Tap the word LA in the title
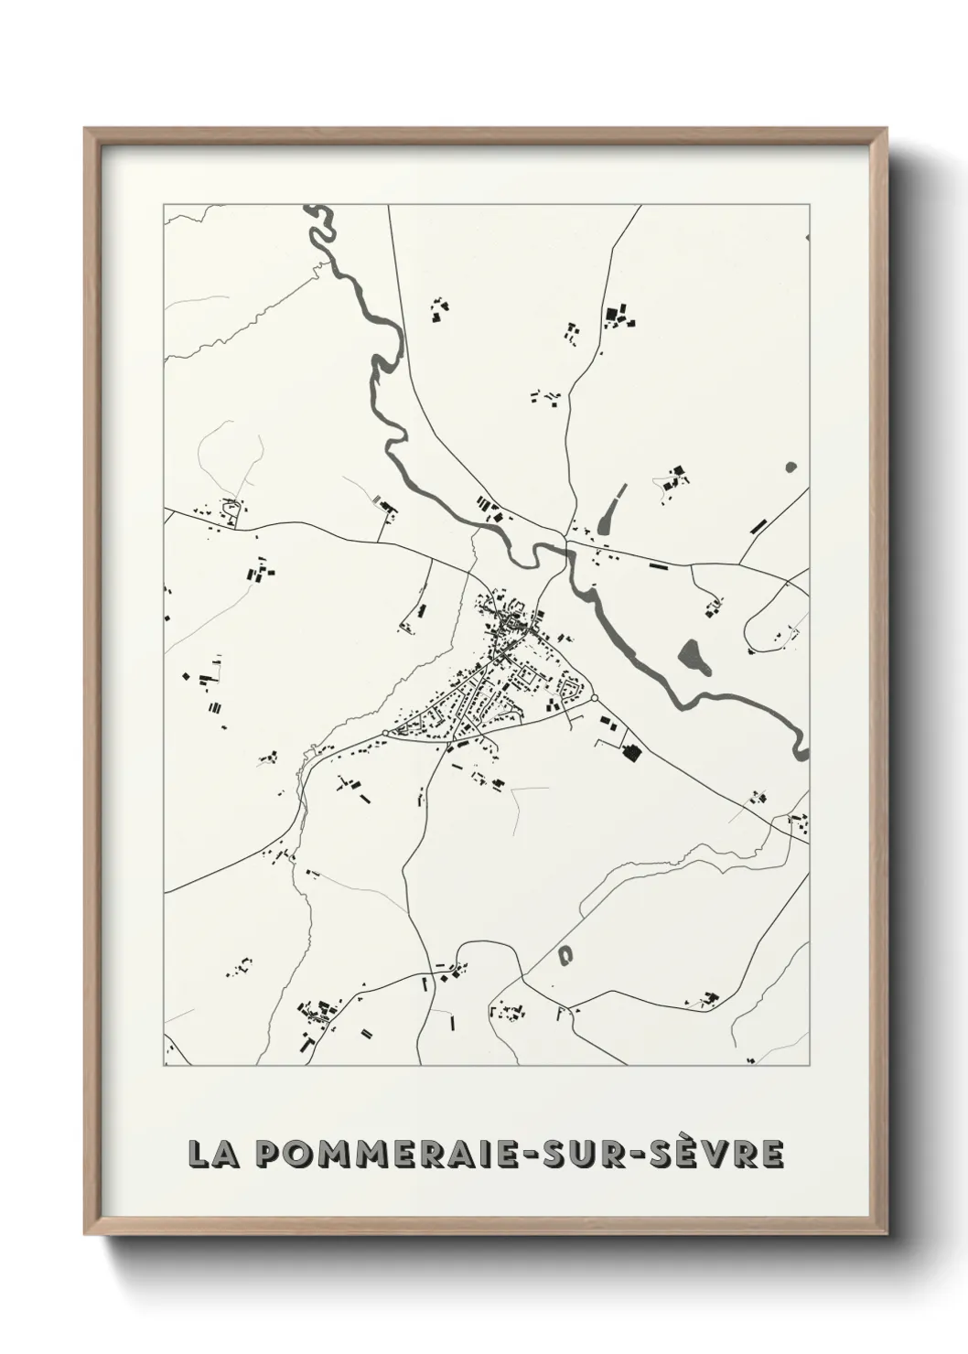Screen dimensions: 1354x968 (x=210, y=1154)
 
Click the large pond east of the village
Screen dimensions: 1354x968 (x=694, y=654)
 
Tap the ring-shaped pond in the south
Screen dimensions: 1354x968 (x=565, y=954)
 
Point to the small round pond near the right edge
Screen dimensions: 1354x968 (x=791, y=467)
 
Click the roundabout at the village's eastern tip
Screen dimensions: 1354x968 (x=595, y=698)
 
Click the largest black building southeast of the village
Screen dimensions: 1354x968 (x=630, y=753)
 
